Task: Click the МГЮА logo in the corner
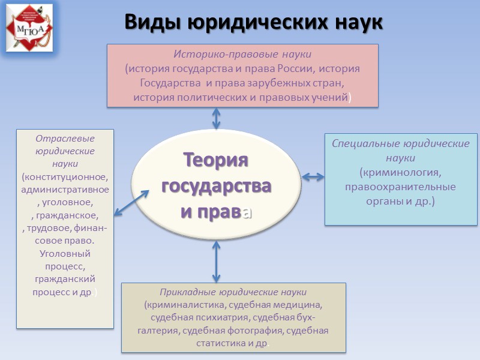pos(29,27)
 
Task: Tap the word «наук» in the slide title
pos(355,22)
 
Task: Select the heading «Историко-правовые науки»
pos(242,55)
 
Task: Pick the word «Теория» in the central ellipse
pos(216,160)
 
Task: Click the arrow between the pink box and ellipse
pos(217,118)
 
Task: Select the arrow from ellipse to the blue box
pos(313,176)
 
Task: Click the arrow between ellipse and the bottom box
pos(216,262)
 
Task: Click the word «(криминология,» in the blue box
pos(400,173)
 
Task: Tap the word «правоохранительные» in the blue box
pos(400,187)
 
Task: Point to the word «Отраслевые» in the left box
pos(65,138)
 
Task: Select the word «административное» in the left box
pos(65,190)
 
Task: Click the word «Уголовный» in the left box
pos(65,253)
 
